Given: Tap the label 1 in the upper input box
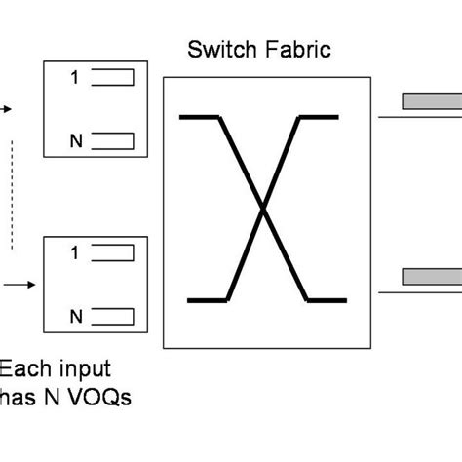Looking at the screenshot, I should [x=75, y=78].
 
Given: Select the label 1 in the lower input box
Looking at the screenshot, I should [x=75, y=253].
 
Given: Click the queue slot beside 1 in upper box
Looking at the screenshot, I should [x=114, y=78].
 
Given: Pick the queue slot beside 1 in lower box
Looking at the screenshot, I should [x=114, y=253].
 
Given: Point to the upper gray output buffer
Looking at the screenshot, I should [x=431, y=100].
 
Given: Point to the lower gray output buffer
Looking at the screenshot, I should [x=431, y=275].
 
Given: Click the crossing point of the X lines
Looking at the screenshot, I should [x=262, y=207].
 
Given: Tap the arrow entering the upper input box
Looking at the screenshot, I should [x=8, y=109].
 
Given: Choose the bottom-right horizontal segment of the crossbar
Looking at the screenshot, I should [x=327, y=298].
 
